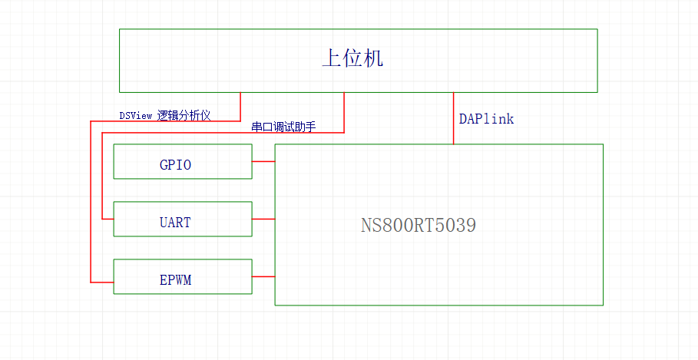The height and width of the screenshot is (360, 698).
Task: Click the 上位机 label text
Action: coord(352,59)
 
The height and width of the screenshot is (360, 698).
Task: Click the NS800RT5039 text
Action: coord(418,226)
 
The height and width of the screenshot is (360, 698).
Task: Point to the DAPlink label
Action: coord(486,119)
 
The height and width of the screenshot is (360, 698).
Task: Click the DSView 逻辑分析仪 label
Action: coord(164,115)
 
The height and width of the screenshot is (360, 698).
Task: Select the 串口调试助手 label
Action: coord(283,127)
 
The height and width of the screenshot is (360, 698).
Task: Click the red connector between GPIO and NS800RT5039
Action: coord(263,161)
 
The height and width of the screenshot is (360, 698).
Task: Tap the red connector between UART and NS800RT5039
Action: coord(263,219)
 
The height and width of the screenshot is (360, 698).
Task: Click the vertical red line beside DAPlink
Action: coord(453,119)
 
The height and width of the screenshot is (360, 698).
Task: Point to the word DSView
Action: coord(135,115)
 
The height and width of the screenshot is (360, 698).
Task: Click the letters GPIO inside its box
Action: coord(175,165)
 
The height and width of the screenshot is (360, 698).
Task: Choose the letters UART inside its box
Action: coord(175,223)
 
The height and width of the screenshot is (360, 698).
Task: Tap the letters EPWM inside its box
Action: coord(175,280)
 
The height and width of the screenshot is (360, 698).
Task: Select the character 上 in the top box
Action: coord(331,59)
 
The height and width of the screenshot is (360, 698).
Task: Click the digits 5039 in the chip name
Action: coord(457,226)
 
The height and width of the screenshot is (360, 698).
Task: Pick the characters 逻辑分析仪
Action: coord(184,115)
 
